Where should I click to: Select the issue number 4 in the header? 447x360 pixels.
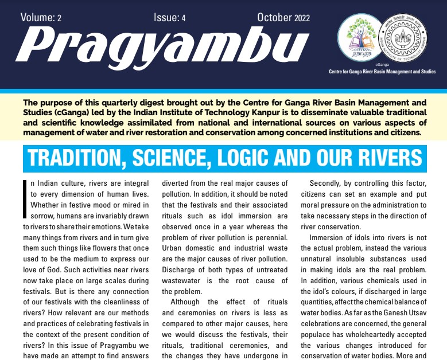(x=183, y=18)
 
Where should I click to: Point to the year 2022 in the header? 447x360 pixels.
(x=302, y=18)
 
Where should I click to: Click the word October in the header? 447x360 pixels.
(x=274, y=17)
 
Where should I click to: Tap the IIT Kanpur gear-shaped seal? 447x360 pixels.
(x=404, y=40)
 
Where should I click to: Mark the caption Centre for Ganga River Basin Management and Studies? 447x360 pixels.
(x=382, y=72)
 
